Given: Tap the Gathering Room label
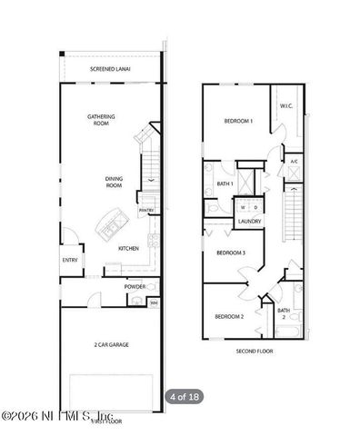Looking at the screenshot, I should coord(100,120).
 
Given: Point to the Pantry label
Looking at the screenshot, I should coord(145,211).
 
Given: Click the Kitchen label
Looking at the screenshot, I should coord(128,248).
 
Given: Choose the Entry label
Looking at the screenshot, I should coord(70,260).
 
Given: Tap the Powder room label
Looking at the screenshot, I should coord(135,286).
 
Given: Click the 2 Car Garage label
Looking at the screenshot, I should coord(108,345).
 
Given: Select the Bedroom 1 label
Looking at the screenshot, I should coord(238,121).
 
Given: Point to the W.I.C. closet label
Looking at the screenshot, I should coord(285,105).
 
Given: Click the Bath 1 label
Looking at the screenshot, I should coord(225,184).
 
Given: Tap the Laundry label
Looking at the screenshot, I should coord(249,221).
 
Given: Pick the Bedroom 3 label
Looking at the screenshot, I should coord(231,253).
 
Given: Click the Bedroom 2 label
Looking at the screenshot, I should coord(229,316).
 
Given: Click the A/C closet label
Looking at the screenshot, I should coord(294,162).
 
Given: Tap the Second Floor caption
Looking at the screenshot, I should coord(253,351).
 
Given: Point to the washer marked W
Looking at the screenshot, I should coord(243,206).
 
